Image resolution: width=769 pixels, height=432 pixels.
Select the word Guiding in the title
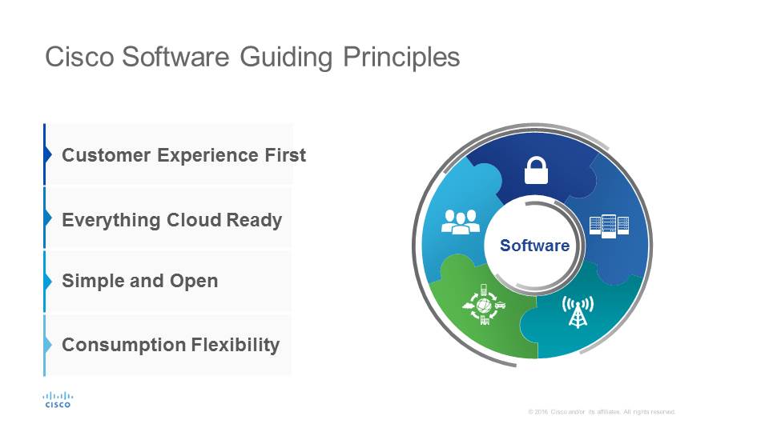pos(286,58)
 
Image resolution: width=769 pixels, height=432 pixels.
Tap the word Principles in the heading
pos(401,58)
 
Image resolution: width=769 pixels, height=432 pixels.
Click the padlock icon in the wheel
pos(536,170)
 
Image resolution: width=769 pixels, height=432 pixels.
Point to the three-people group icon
pos(461,222)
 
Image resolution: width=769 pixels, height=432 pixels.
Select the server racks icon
pos(609,226)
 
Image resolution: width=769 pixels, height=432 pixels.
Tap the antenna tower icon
pos(578,311)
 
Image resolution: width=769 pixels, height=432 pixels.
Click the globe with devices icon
pos(484,304)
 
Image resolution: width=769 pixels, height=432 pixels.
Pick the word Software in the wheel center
pos(534,246)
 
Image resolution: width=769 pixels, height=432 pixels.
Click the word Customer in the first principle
pos(106,155)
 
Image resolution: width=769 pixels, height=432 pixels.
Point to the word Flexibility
pos(235,346)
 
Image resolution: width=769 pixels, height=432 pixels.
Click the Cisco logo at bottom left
pos(58,400)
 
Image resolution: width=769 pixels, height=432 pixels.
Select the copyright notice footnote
pos(602,412)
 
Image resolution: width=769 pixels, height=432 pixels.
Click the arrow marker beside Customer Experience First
pos(48,154)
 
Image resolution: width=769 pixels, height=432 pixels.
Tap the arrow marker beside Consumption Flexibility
pos(48,345)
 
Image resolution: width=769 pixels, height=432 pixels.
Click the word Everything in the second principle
pos(111,221)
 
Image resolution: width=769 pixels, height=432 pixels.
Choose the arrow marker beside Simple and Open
pos(48,281)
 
